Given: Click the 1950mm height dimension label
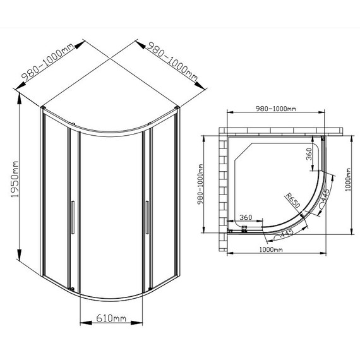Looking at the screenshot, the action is click(x=15, y=179).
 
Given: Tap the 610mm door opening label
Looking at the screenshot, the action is click(x=111, y=318).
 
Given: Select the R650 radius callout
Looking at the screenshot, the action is click(x=292, y=200).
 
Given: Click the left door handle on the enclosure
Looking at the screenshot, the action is click(x=73, y=217).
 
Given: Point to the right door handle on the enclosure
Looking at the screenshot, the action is click(x=147, y=217).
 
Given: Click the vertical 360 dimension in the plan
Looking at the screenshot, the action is click(x=309, y=154).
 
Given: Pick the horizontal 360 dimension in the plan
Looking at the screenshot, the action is click(x=246, y=217).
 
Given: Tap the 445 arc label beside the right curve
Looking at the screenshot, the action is click(x=326, y=194).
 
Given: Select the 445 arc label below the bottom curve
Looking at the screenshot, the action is click(x=287, y=233).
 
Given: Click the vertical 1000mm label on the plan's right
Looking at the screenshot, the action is click(x=348, y=179).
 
